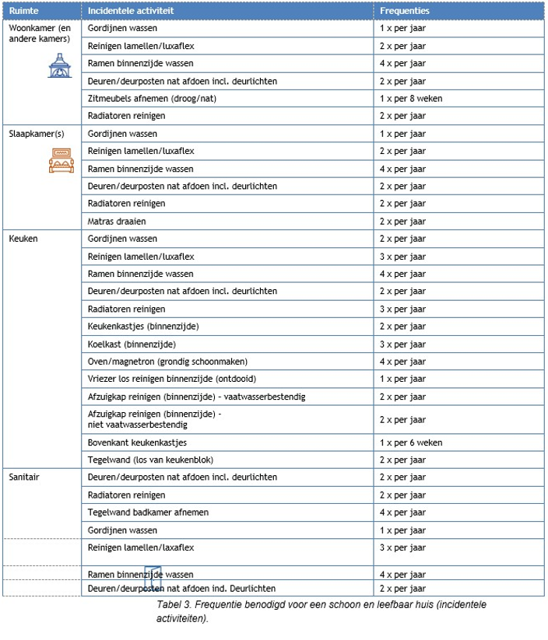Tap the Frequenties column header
405,11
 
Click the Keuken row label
23,239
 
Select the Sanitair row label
24,477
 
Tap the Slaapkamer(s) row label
37,133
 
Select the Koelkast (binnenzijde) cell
132,344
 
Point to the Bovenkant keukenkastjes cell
137,442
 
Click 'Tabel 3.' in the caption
174,604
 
